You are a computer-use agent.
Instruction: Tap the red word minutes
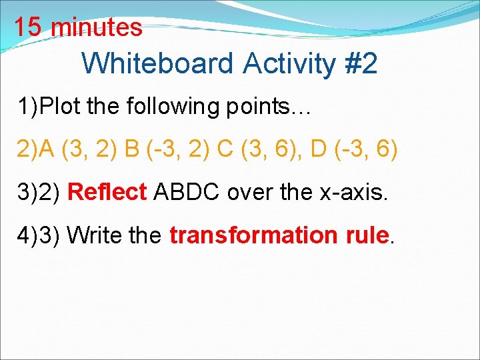[x=96, y=27]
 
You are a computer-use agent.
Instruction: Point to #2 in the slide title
[x=360, y=64]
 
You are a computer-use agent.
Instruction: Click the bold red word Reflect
[x=107, y=192]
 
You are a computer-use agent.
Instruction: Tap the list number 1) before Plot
[x=29, y=106]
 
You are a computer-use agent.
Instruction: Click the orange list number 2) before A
[x=29, y=149]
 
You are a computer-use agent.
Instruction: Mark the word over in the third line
[x=247, y=192]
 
